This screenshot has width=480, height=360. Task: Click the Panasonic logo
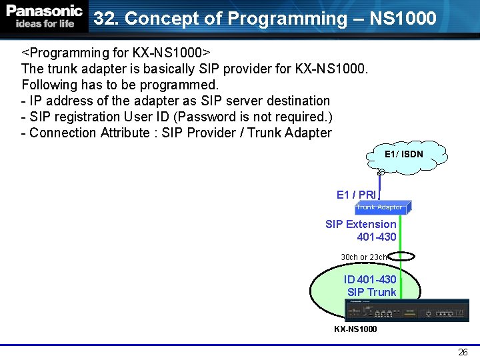pyautogui.click(x=44, y=11)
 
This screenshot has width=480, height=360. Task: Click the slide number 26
pyautogui.click(x=463, y=352)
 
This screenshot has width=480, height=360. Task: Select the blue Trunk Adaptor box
pyautogui.click(x=379, y=207)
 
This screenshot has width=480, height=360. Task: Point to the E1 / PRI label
pyautogui.click(x=356, y=195)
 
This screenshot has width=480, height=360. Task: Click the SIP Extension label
pyautogui.click(x=361, y=224)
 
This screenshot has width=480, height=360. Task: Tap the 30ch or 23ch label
pyautogui.click(x=364, y=257)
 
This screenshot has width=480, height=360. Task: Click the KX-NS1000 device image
pyautogui.click(x=407, y=311)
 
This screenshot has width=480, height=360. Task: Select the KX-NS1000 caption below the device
pyautogui.click(x=355, y=329)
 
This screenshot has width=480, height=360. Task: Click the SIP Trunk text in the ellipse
pyautogui.click(x=371, y=292)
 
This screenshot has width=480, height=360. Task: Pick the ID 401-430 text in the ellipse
pyautogui.click(x=370, y=279)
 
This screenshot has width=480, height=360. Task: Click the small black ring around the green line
pyautogui.click(x=401, y=256)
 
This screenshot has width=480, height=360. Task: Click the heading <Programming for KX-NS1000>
pyautogui.click(x=117, y=52)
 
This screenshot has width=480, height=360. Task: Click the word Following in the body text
pyautogui.click(x=49, y=85)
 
